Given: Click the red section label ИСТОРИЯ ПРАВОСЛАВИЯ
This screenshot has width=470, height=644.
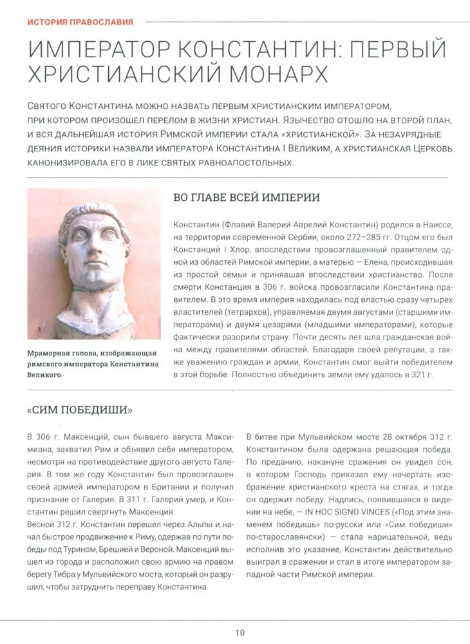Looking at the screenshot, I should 80,21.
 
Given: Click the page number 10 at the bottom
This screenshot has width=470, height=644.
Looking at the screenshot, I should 240,632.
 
